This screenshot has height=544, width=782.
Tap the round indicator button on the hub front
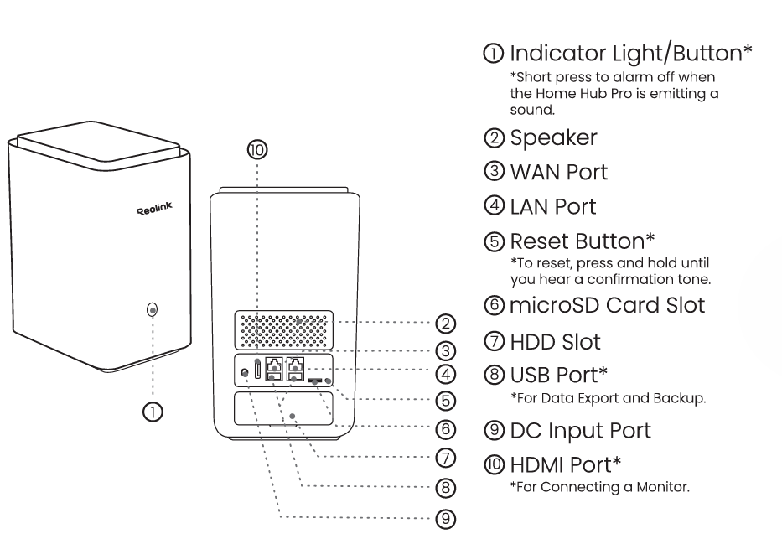coord(152,310)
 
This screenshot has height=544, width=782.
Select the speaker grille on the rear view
coord(284,331)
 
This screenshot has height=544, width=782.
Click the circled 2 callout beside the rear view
coord(446,322)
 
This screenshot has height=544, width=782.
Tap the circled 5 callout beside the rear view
coord(446,401)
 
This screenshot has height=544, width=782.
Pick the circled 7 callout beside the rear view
coord(446,457)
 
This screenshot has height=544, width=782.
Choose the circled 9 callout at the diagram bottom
coord(446,519)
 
